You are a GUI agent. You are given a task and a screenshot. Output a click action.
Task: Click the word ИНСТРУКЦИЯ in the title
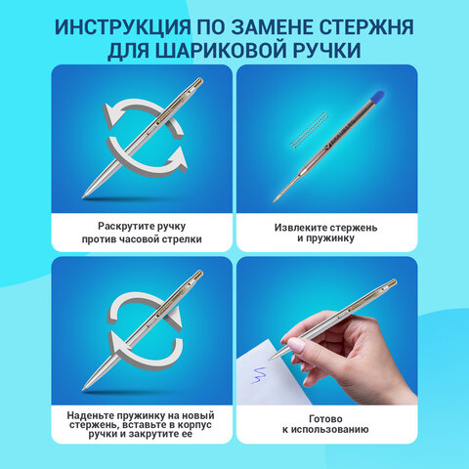coord(123,27)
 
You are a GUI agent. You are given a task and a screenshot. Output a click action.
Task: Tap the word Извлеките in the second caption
coord(299,228)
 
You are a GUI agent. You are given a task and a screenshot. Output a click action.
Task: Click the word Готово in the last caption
coord(325,418)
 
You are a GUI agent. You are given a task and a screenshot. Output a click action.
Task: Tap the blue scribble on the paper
coord(260,375)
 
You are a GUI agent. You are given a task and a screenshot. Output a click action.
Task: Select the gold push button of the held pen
coord(392,282)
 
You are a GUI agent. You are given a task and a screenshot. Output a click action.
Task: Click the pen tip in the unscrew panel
coord(84,195)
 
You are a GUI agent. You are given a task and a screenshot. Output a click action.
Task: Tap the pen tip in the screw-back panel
coord(84,388)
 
